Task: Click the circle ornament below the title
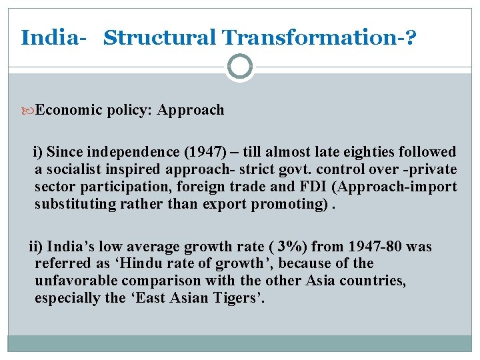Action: click(x=240, y=67)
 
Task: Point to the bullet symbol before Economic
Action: click(x=29, y=110)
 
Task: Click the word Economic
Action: click(x=69, y=110)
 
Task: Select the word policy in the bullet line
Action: click(x=131, y=110)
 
